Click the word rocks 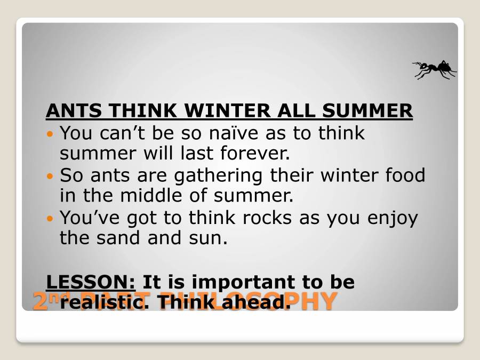click(x=261, y=218)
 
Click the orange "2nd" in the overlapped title click(x=45, y=301)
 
